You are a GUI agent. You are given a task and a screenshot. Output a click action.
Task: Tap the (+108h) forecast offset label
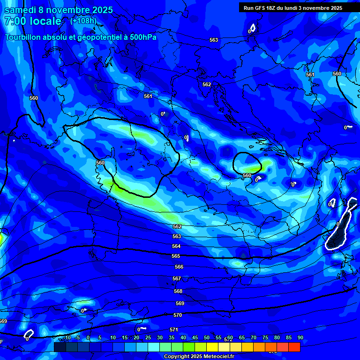[x=83, y=21]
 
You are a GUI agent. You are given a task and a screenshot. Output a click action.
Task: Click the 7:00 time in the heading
[x=17, y=22]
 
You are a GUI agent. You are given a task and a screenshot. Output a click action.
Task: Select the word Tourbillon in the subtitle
[x=26, y=37]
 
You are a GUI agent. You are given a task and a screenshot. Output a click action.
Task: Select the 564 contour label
[x=176, y=246]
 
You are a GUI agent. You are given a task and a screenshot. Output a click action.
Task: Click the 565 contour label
[x=176, y=256]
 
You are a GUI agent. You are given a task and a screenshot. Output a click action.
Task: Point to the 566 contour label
[x=179, y=267]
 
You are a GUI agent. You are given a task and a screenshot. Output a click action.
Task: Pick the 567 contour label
[x=177, y=278]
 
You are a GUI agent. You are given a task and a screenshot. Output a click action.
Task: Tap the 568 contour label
[x=178, y=291]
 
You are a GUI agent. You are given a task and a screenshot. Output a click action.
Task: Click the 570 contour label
[x=178, y=315]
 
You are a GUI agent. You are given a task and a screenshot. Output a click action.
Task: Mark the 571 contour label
[x=174, y=330]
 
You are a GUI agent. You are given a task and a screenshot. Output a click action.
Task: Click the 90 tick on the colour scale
[x=300, y=338]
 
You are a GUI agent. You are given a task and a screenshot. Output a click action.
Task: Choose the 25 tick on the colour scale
[x=148, y=338]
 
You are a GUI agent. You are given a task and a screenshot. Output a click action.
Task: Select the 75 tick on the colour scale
[x=265, y=338]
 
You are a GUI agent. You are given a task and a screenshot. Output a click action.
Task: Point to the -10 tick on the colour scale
[x=67, y=338]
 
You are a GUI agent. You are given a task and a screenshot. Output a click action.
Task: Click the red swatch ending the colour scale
[x=294, y=347]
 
